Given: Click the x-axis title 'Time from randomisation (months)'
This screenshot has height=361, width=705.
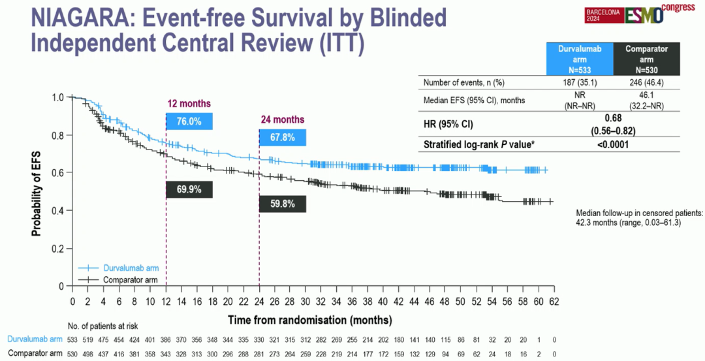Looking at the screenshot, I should pos(310,320).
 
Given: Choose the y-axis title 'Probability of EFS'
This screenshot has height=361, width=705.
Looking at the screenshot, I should pos(37,191).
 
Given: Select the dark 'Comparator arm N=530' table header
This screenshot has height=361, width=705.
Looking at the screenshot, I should pos(646,59).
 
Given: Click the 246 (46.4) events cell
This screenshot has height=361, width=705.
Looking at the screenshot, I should pos(646,83).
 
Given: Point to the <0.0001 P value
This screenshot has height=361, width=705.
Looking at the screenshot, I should pos(612,145).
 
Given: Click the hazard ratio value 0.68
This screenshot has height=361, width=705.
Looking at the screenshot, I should pos(612,118).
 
